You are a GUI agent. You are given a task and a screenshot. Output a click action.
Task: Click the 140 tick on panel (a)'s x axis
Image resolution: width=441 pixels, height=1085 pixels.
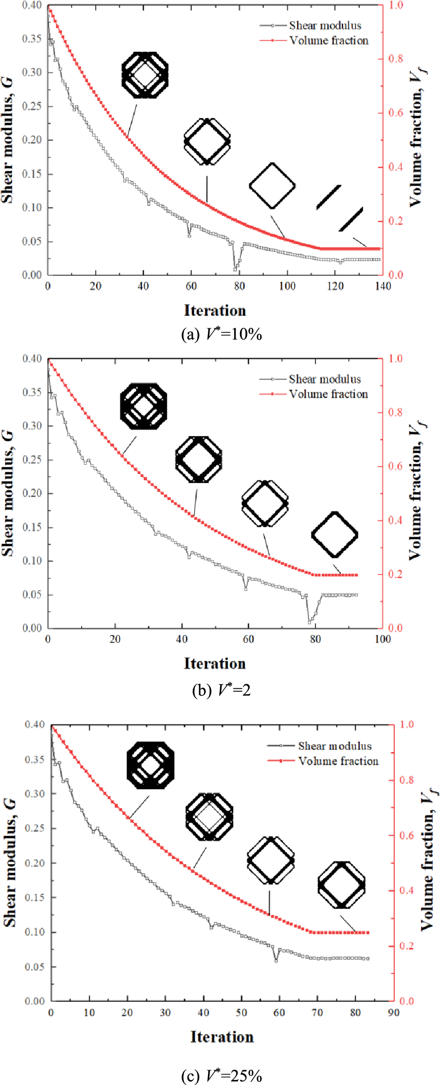click(382, 286)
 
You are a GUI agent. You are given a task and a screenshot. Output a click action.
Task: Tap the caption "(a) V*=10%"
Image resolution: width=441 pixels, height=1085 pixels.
click(221, 335)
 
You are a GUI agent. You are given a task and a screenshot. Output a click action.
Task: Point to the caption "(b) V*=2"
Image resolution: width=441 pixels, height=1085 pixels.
click(221, 690)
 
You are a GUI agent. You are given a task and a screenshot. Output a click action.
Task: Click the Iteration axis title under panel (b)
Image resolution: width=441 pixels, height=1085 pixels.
click(215, 664)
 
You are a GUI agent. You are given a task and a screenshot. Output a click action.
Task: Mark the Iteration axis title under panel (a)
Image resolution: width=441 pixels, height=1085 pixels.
click(215, 311)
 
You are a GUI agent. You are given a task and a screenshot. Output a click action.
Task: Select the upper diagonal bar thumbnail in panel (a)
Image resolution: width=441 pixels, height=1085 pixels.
click(329, 197)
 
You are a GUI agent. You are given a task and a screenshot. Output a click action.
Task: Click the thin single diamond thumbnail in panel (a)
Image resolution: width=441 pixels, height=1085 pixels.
click(272, 186)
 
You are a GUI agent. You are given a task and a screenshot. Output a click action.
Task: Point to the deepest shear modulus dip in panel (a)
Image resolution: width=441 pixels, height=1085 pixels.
click(235, 270)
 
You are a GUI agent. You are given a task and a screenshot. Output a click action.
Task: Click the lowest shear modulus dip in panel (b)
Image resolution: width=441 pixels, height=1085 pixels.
click(310, 622)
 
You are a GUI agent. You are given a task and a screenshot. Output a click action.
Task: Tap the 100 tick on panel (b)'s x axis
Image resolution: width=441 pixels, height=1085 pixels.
click(382, 639)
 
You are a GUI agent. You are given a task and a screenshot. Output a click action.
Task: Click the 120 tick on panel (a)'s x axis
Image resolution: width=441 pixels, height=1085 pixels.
click(335, 286)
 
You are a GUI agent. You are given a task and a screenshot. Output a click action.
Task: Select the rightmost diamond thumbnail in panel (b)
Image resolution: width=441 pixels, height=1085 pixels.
click(335, 535)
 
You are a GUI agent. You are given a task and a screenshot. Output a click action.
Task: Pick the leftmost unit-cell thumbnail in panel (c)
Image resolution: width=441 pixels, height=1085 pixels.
click(150, 766)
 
